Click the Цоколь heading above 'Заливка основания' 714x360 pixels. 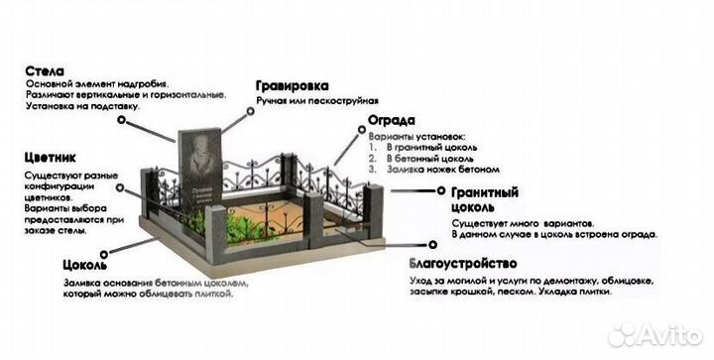coord(85,267)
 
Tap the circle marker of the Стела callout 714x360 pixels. coord(121,118)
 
